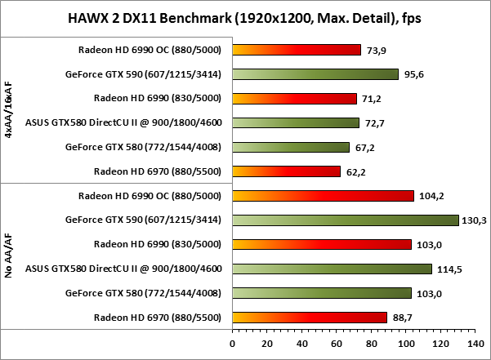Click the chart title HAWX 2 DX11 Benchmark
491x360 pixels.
click(x=245, y=17)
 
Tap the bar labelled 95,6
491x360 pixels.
click(x=315, y=74)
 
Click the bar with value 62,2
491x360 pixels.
click(x=287, y=171)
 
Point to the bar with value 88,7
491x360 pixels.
click(x=310, y=318)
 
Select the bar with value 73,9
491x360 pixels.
click(x=297, y=50)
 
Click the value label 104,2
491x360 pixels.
click(x=428, y=196)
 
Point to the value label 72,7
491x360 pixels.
click(x=373, y=123)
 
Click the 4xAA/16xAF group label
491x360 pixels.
click(x=8, y=110)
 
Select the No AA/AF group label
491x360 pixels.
click(x=8, y=256)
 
